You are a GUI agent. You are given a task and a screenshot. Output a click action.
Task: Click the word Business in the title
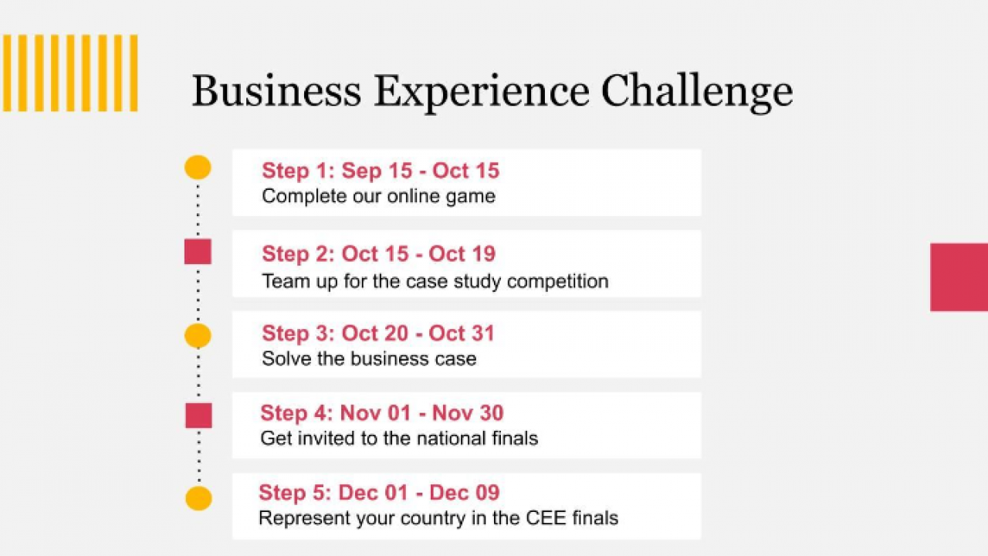(276, 91)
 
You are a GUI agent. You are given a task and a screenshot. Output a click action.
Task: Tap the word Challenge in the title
(697, 93)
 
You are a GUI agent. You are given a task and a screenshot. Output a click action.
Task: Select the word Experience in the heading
(482, 93)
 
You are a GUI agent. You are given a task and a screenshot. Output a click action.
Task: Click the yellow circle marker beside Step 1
(198, 168)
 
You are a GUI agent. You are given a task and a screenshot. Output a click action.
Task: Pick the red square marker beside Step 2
(198, 252)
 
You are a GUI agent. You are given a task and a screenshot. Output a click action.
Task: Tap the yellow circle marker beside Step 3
(198, 335)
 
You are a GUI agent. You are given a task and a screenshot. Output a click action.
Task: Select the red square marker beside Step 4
(198, 415)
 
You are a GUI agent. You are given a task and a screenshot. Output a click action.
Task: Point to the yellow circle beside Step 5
(198, 498)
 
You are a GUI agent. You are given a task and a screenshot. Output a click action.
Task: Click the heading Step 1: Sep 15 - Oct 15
(381, 171)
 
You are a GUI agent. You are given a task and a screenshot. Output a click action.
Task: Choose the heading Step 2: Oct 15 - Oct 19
(379, 254)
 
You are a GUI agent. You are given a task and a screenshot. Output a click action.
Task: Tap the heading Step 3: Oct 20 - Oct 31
(378, 333)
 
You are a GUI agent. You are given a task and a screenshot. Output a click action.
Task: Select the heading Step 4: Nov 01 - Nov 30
(382, 413)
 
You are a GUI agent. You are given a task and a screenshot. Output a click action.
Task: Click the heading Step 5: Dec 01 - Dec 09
(379, 493)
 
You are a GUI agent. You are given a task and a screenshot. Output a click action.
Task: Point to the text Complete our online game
(378, 197)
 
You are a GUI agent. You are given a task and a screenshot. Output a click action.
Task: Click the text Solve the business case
(369, 359)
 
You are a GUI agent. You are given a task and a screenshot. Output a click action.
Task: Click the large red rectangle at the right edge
(959, 277)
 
